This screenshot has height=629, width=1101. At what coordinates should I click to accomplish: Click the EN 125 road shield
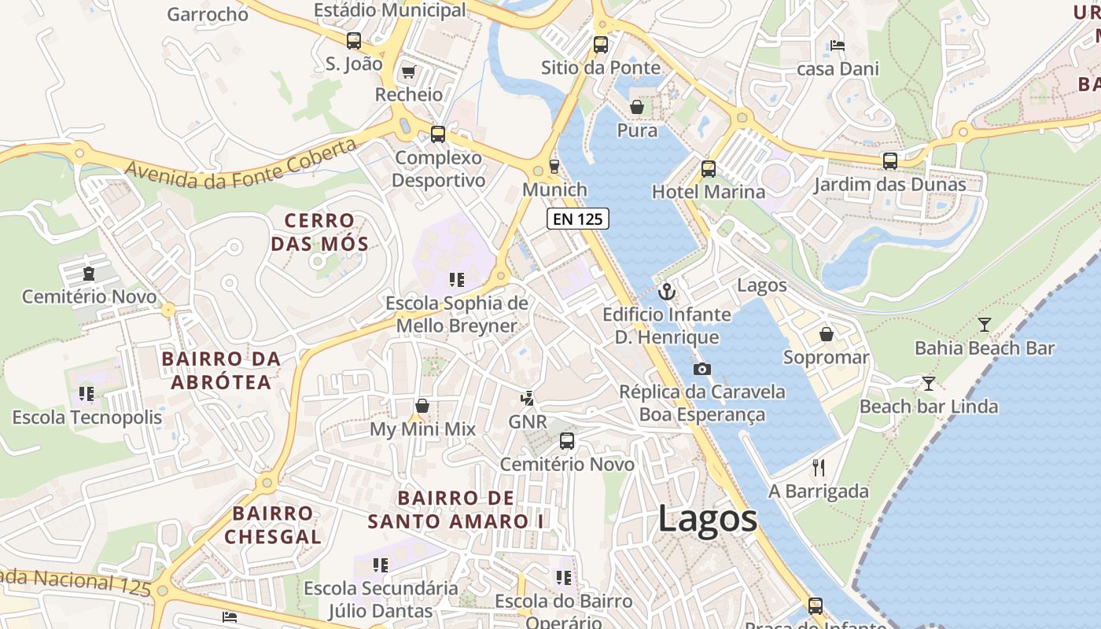click(x=578, y=219)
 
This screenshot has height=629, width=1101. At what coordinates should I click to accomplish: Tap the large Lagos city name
click(x=708, y=519)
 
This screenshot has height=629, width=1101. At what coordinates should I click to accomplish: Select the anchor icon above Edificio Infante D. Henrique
click(x=667, y=292)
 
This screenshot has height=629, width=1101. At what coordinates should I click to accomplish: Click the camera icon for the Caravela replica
click(x=702, y=369)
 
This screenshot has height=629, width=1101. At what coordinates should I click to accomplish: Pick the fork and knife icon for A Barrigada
click(x=819, y=469)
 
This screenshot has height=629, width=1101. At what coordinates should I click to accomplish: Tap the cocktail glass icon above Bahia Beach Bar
click(x=984, y=324)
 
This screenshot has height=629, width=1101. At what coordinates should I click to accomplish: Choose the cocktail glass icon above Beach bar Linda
click(x=929, y=384)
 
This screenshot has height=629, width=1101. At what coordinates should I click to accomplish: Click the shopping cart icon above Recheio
click(x=408, y=72)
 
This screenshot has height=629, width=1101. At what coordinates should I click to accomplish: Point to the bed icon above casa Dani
click(x=838, y=46)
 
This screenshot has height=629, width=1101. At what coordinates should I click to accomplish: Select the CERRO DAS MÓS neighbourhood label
click(x=319, y=232)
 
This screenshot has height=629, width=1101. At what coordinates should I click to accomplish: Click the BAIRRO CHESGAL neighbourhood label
click(x=273, y=525)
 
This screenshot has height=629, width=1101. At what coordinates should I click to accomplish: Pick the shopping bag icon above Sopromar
click(x=827, y=335)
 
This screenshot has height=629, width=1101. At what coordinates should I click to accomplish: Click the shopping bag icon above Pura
click(x=637, y=107)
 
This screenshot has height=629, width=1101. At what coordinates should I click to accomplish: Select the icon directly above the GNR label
click(x=528, y=399)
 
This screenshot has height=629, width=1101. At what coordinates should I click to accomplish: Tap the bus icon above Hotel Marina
click(x=709, y=168)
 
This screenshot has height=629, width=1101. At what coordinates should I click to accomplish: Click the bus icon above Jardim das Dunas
click(x=889, y=161)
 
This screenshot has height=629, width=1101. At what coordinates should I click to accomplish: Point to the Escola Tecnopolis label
click(x=87, y=417)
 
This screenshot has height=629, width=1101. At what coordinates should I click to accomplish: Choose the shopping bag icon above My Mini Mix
click(x=422, y=406)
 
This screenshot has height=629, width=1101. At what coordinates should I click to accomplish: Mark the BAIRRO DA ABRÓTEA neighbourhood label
click(x=220, y=370)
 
